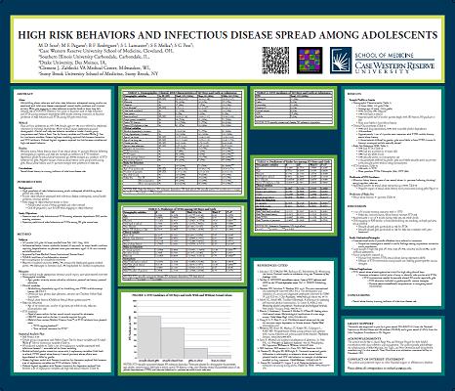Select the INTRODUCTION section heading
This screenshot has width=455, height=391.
click(34, 178)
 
